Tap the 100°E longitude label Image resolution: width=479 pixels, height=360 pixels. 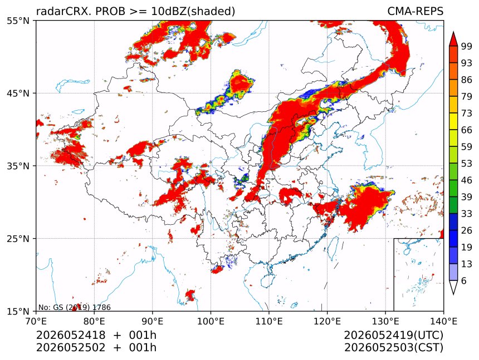tap(211, 321)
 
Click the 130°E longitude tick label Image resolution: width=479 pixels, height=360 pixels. tap(385, 321)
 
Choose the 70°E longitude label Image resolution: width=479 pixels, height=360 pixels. tap(36, 321)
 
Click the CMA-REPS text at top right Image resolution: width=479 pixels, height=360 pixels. tap(415, 11)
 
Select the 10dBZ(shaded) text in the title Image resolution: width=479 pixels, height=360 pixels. tap(193, 12)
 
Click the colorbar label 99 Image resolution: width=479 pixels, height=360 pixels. tap(467, 47)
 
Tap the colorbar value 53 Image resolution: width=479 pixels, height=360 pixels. tap(467, 164)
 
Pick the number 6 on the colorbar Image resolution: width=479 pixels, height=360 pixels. tap(464, 280)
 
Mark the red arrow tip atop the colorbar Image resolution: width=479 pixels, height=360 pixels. tap(453, 32)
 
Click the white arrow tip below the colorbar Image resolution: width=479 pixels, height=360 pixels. tap(453, 294)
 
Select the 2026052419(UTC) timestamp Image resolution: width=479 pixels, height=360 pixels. tap(393, 336)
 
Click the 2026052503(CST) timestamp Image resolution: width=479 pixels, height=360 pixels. tap(393, 348)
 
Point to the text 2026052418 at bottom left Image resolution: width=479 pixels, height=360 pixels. tap(71, 336)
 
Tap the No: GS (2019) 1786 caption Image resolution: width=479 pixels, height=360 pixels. tap(74, 307)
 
